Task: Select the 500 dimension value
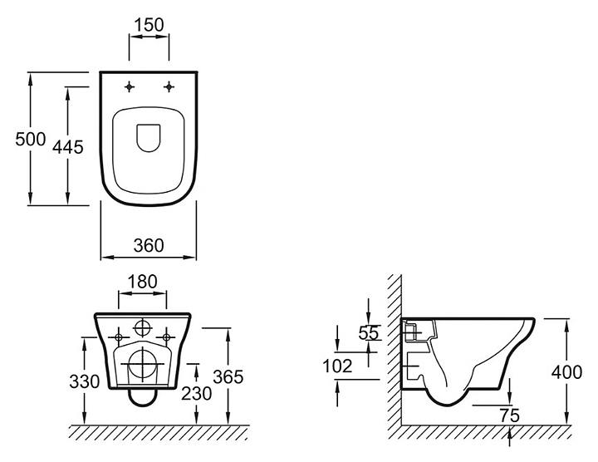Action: tap(30, 140)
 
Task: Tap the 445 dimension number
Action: tap(68, 147)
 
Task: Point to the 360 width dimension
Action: tap(148, 245)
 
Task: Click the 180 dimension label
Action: tap(144, 282)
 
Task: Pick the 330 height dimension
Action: tap(86, 381)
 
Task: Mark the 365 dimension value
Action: tap(228, 376)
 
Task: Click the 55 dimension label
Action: tap(370, 332)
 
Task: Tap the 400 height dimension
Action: tap(566, 372)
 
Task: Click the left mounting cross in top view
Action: tap(130, 86)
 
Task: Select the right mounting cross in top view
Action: tap(169, 86)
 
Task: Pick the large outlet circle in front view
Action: tap(143, 365)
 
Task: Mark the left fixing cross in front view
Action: tap(119, 336)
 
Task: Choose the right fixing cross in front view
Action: tap(167, 336)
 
